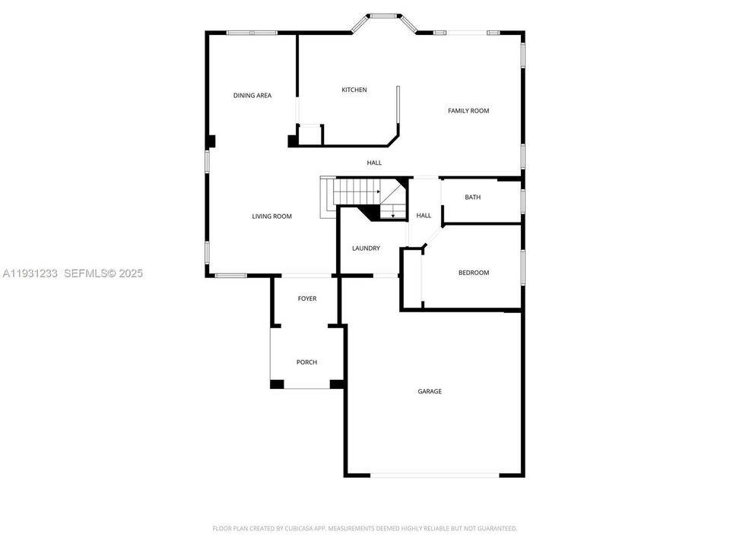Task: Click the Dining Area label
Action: (252, 96)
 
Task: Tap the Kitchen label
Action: (354, 90)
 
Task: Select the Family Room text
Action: (468, 111)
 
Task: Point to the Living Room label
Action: (271, 217)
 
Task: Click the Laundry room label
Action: (366, 248)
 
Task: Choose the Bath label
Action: (472, 198)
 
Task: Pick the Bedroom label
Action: (473, 273)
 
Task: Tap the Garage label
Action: (429, 391)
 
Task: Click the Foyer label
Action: (306, 299)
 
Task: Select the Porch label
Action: (306, 362)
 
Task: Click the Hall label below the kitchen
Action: (374, 163)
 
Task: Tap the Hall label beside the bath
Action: (424, 216)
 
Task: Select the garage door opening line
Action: (435, 476)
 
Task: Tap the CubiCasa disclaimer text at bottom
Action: (364, 528)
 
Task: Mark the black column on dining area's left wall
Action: (211, 141)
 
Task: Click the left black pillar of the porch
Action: (277, 384)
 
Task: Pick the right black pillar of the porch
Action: (336, 384)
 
